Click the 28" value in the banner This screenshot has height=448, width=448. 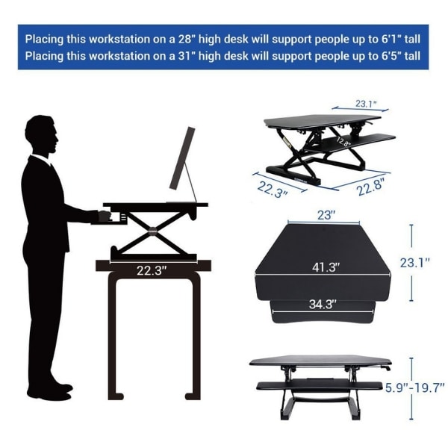pyautogui.click(x=186, y=39)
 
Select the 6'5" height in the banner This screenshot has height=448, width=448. pyautogui.click(x=391, y=56)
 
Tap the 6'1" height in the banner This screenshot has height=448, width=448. pyautogui.click(x=391, y=39)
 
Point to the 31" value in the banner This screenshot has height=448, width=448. pyautogui.click(x=186, y=56)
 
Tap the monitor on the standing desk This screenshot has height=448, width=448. pyautogui.click(x=183, y=158)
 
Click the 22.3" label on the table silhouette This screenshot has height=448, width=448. pyautogui.click(x=152, y=270)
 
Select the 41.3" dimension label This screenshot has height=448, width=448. pyautogui.click(x=326, y=267)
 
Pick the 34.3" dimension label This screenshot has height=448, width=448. pyautogui.click(x=323, y=305)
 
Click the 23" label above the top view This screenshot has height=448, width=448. pyautogui.click(x=326, y=215)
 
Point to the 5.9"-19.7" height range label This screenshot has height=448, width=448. pyautogui.click(x=415, y=388)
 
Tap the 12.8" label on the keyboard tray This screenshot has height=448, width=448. pyautogui.click(x=343, y=142)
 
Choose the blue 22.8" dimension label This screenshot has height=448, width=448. pyautogui.click(x=370, y=187)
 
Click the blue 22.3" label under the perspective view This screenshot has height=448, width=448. pyautogui.click(x=273, y=189)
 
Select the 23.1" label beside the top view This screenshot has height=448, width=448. pyautogui.click(x=414, y=263)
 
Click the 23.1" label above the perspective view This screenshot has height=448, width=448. pyautogui.click(x=367, y=104)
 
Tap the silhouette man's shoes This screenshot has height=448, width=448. pyautogui.click(x=50, y=391)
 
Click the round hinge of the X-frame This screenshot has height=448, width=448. pyautogui.click(x=153, y=230)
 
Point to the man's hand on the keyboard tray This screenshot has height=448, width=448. pyautogui.click(x=105, y=216)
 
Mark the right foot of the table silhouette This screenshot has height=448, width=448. pyautogui.click(x=192, y=396)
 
